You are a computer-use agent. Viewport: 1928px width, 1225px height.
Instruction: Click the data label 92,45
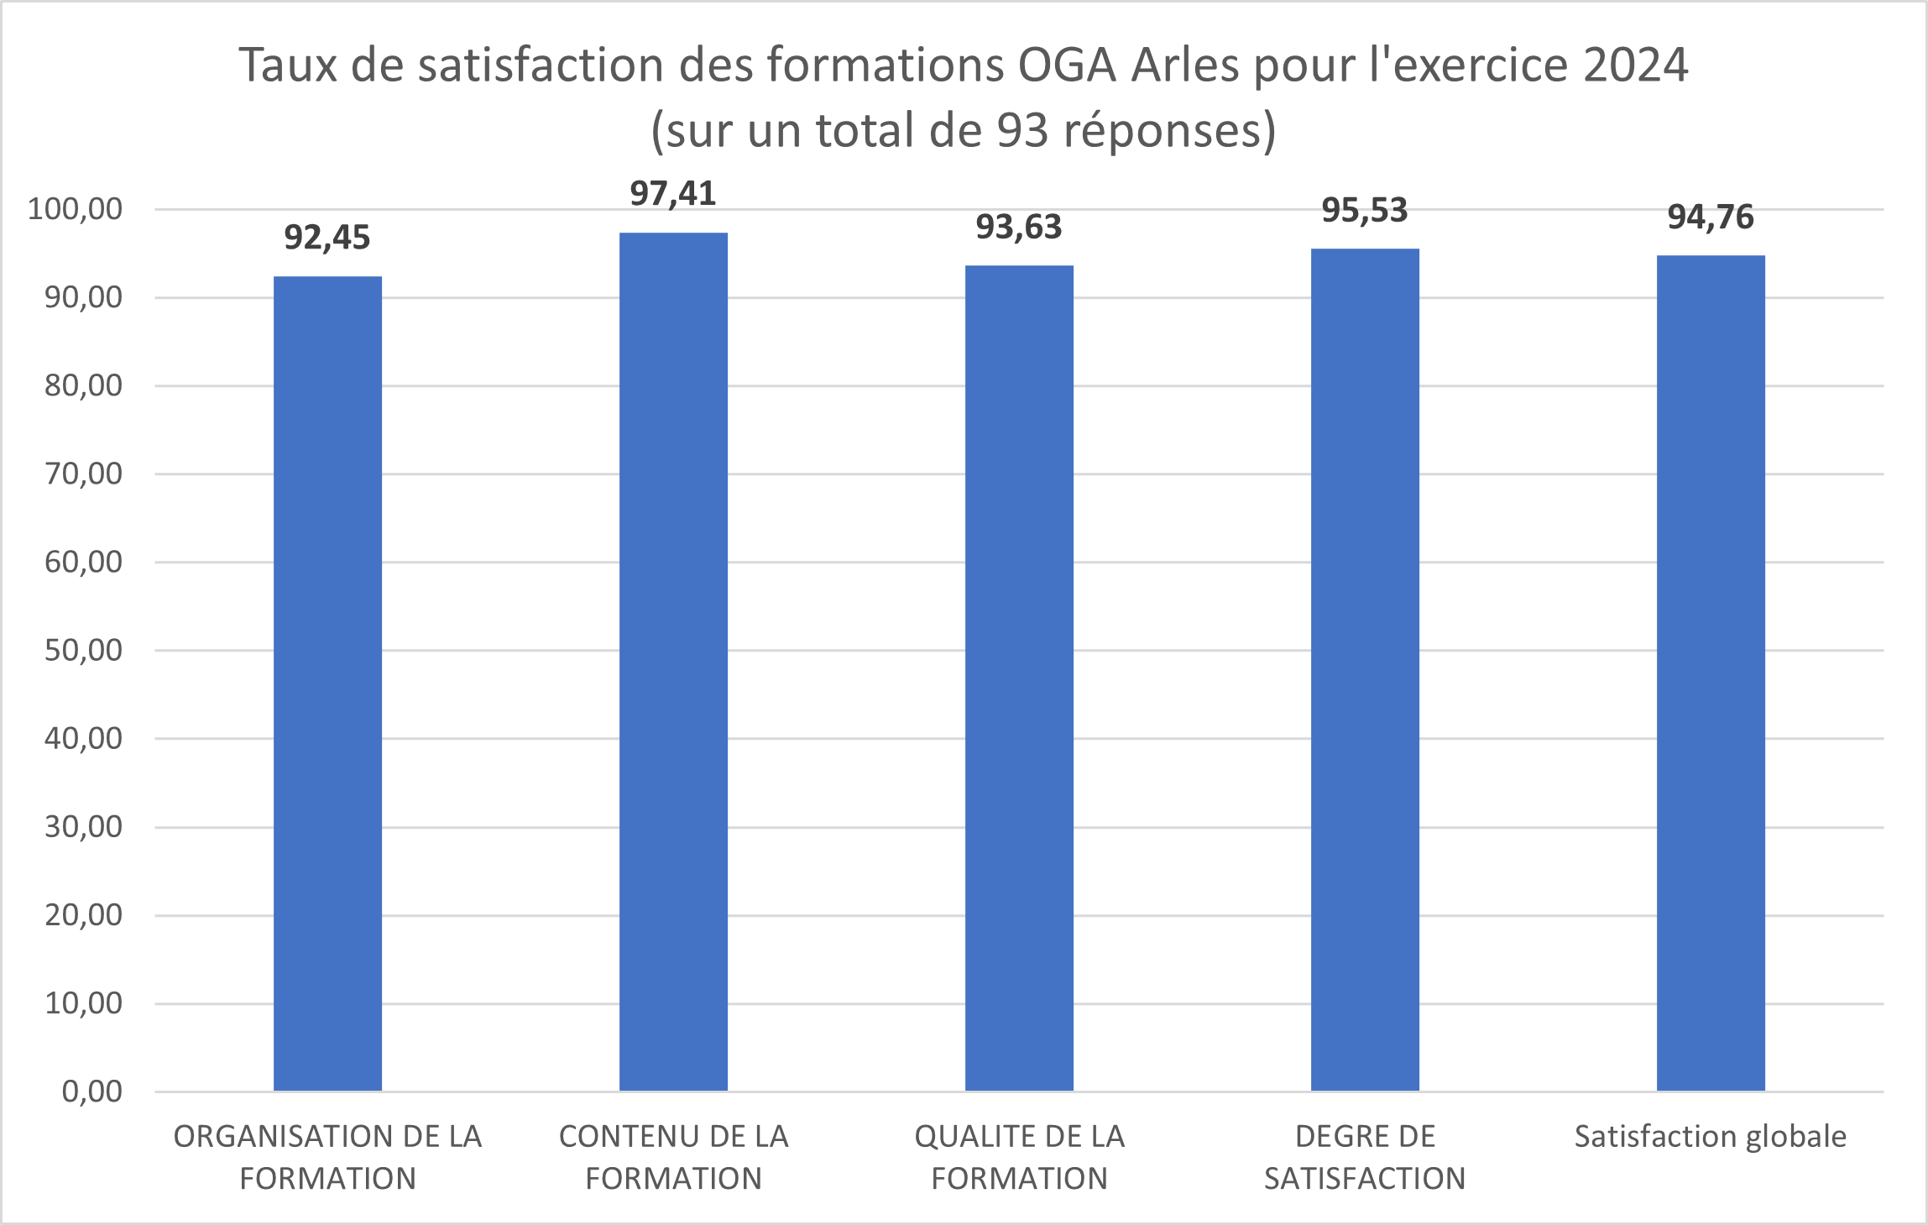coord(327,238)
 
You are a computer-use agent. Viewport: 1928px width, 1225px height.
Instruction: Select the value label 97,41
coord(673,194)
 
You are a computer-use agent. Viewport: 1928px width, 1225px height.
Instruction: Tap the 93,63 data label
coord(1019,228)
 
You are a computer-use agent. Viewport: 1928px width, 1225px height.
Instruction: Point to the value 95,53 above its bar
coord(1365,211)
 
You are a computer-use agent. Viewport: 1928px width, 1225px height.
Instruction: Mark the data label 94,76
coord(1711,217)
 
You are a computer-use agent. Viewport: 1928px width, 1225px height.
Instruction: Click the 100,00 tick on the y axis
coord(76,209)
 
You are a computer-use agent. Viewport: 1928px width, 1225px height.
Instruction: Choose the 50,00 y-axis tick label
coord(83,651)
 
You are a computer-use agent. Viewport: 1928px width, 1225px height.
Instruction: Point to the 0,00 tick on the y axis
coord(92,1092)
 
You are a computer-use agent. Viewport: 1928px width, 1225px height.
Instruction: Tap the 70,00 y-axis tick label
coord(83,474)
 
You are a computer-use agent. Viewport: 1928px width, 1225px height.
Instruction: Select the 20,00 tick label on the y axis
coord(83,915)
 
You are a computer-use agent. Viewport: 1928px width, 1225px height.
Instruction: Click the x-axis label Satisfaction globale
coord(1711,1137)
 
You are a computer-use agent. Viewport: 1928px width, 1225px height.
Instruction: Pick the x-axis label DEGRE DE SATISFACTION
coord(1365,1158)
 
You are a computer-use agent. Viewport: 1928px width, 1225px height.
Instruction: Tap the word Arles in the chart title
coord(1184,65)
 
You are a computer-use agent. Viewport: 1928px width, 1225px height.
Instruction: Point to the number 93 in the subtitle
coord(1023,131)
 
